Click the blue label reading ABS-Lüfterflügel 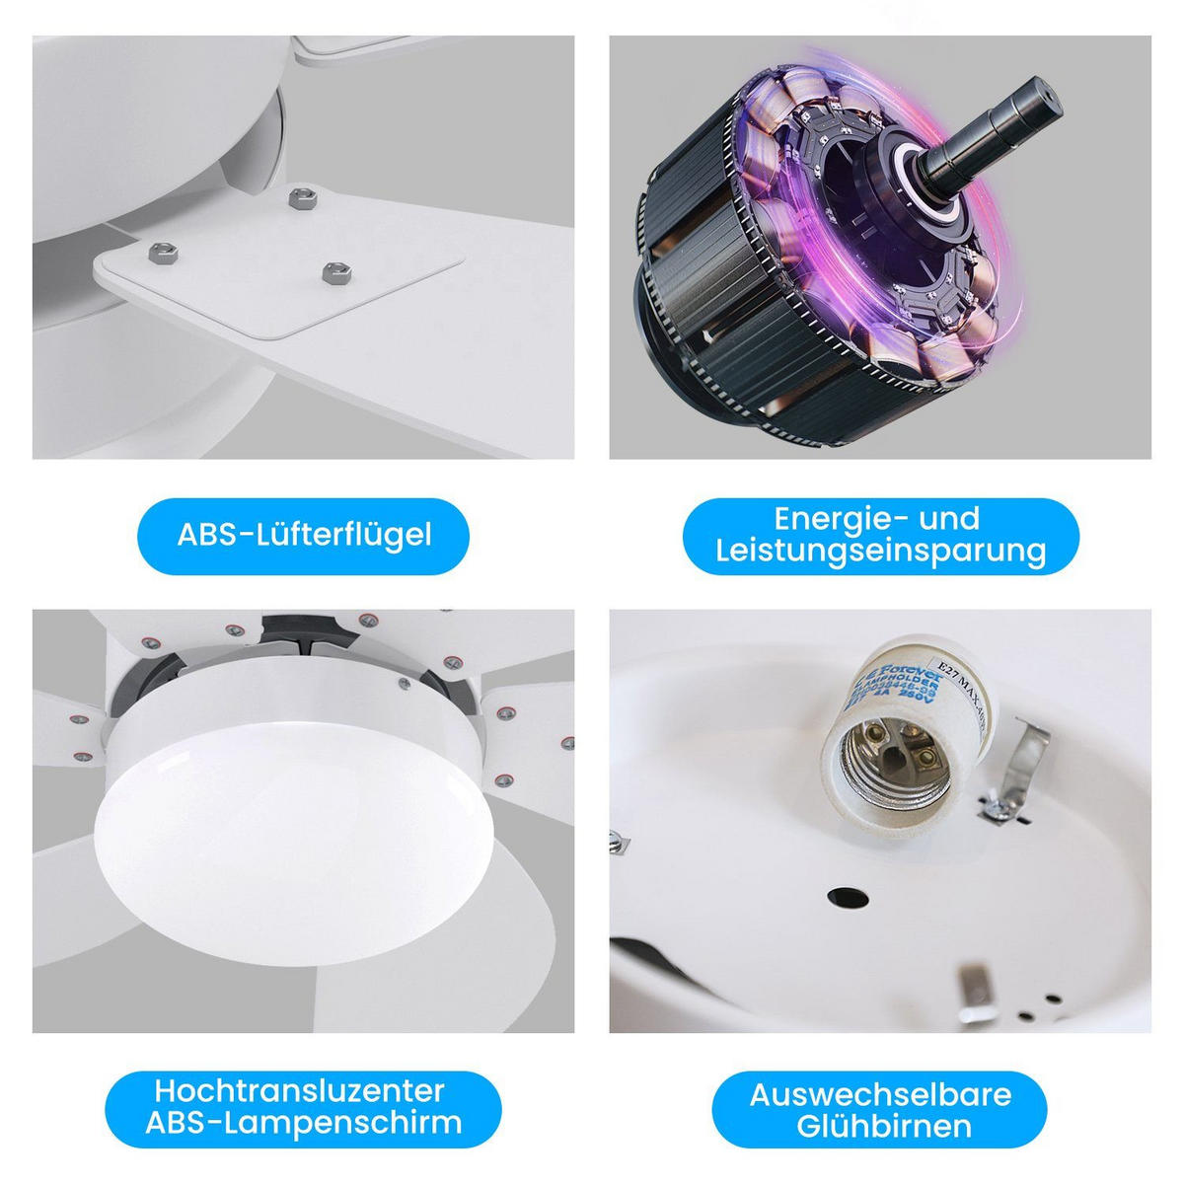click(x=304, y=536)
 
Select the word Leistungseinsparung click(x=881, y=551)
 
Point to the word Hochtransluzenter click(x=300, y=1090)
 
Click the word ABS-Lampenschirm click(x=303, y=1123)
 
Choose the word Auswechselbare click(x=880, y=1094)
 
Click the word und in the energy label click(x=948, y=518)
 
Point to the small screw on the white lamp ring click(x=404, y=681)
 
